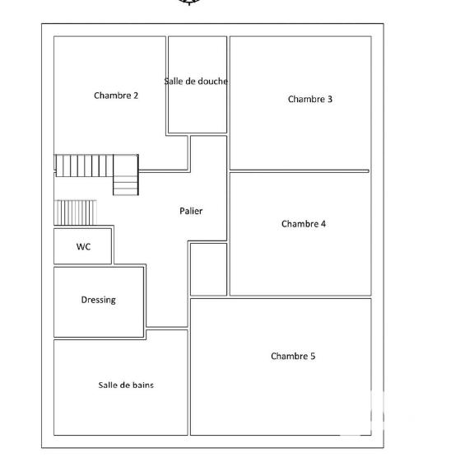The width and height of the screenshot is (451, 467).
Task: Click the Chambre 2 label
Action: click(116, 96)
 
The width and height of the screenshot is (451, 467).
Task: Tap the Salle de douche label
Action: click(196, 82)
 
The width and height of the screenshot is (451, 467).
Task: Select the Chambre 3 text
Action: click(310, 99)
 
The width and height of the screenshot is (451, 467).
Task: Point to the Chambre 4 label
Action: click(304, 224)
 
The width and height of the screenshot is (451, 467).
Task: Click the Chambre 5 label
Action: click(293, 357)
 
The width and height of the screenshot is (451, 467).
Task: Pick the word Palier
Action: click(191, 211)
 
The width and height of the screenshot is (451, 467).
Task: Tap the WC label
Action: click(83, 246)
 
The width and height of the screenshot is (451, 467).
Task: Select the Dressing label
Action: click(98, 300)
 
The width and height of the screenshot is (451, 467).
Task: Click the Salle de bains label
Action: click(126, 385)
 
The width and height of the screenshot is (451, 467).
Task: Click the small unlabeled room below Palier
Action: click(208, 269)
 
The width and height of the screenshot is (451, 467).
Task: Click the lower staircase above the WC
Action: click(76, 212)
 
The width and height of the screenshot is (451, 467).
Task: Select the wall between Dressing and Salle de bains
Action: click(99, 339)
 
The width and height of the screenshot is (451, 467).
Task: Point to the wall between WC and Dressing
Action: click(83, 265)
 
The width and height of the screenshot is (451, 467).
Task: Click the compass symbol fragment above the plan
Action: click(189, 2)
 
